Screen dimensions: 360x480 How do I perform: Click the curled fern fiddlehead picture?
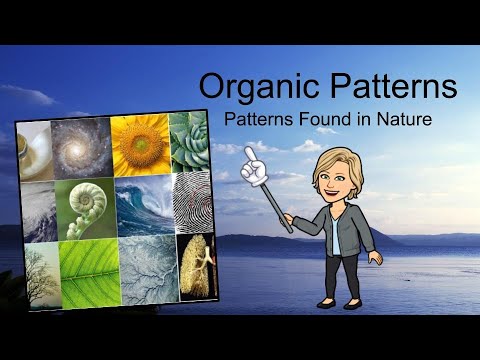(86, 210)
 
